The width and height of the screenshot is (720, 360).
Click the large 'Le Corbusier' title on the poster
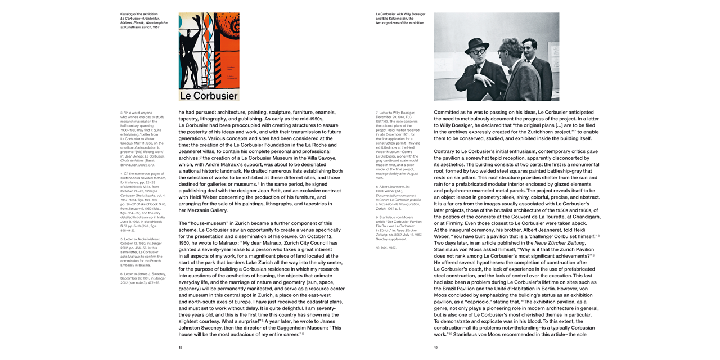tap(209, 95)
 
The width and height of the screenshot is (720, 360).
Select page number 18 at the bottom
tap(181, 348)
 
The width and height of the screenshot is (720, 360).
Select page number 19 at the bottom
tap(436, 348)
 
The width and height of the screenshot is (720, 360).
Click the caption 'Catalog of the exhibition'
tap(139, 14)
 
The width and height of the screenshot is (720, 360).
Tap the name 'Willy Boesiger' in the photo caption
tap(412, 14)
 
